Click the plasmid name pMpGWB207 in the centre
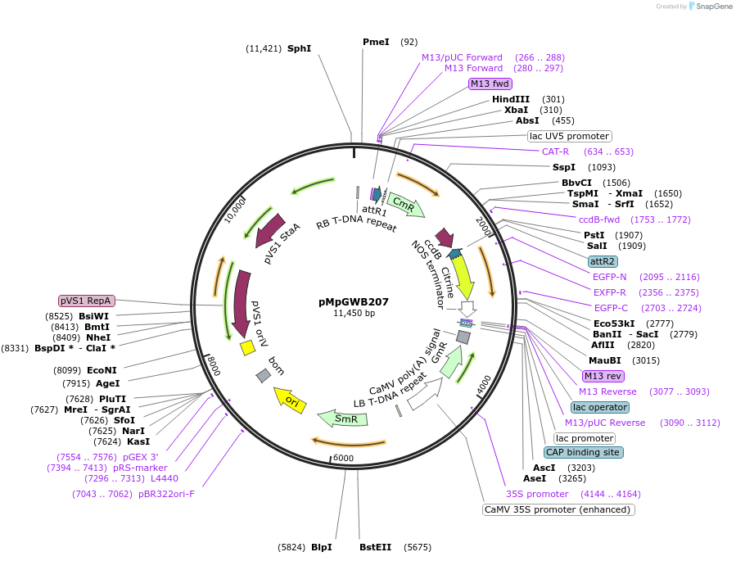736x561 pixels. tap(354, 301)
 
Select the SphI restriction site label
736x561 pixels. tap(299, 48)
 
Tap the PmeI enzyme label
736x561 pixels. tap(377, 42)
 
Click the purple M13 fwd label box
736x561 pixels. tap(490, 84)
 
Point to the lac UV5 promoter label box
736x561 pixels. tap(569, 136)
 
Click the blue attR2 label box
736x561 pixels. tap(603, 261)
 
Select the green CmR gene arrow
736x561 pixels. tap(406, 205)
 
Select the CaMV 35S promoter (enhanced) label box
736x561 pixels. tap(558, 509)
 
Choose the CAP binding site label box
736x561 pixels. tap(583, 452)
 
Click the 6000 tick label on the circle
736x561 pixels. tap(344, 458)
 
